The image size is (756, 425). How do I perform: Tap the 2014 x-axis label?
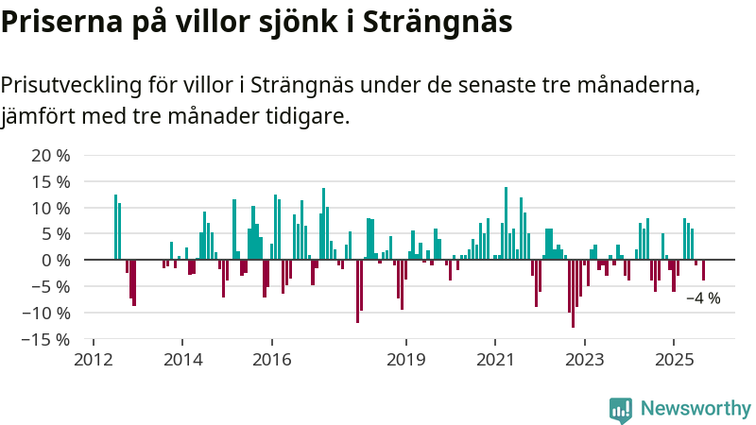182,360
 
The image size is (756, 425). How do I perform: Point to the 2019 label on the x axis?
406,360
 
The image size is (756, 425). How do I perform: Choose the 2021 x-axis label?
494,360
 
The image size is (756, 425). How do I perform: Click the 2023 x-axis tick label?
584,360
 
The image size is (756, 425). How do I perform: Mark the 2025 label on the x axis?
674,360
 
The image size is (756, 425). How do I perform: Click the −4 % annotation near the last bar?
702,298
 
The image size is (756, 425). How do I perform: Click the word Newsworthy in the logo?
696,408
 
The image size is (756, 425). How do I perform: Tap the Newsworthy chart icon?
621,409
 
